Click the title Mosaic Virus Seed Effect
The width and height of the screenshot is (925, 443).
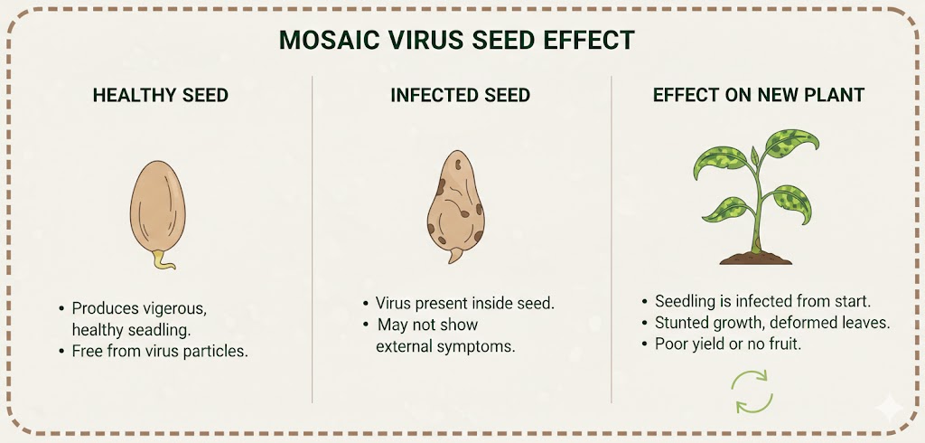pos(456,40)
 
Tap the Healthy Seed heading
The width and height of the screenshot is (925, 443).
pos(161,95)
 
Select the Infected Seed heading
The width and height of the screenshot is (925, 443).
pos(460,95)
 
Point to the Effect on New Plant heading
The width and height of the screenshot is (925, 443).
pos(759,95)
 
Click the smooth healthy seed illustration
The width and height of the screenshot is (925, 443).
pos(157,208)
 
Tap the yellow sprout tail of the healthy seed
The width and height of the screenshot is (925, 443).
pos(163,259)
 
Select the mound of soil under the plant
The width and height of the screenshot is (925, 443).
pos(756,258)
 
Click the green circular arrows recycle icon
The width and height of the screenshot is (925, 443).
pos(752,391)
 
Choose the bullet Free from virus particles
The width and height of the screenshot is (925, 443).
pos(154,351)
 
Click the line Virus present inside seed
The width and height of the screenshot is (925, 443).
pos(459,304)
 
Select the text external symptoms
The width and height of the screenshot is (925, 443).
pos(445,346)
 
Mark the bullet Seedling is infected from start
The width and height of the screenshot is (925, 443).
pos(756,301)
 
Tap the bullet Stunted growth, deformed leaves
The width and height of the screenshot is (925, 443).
pos(766,323)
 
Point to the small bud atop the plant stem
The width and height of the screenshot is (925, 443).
pos(754,156)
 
